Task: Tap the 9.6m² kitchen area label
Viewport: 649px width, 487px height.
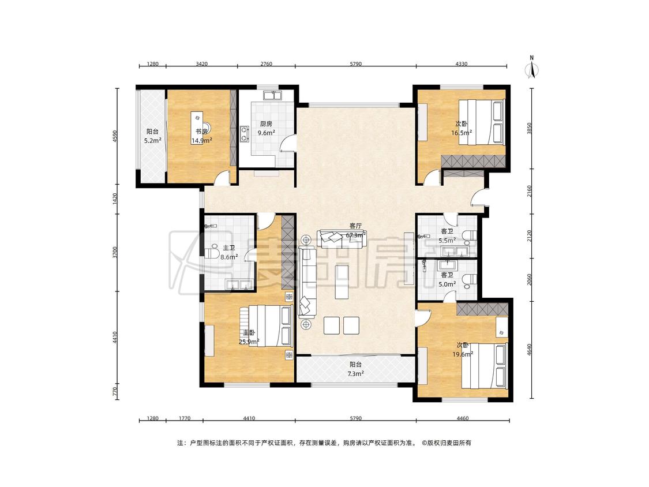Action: coord(266,133)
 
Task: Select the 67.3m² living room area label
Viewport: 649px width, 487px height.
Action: coord(355,235)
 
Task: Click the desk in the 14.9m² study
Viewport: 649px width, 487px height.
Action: coord(197,127)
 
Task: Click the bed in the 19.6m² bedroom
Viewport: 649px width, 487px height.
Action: coord(484,366)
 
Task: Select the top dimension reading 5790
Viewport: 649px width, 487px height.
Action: coord(355,64)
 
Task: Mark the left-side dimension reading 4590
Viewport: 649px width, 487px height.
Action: coord(115,137)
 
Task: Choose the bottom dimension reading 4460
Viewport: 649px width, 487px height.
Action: coord(462,418)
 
